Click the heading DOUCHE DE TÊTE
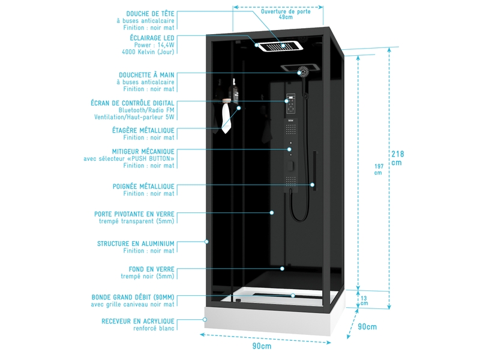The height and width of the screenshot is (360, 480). (150, 13)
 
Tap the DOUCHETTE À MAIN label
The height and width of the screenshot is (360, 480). (146, 75)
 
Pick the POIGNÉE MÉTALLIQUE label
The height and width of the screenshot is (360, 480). (143, 186)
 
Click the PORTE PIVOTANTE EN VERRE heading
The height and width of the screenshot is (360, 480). (134, 214)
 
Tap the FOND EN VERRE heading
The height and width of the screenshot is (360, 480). (151, 269)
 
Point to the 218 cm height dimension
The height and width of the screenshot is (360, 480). (397, 157)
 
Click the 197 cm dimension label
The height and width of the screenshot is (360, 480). (378, 169)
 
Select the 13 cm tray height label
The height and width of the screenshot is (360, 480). (364, 300)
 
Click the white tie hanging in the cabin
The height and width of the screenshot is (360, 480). (226, 118)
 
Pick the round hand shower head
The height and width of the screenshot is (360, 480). (305, 71)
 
